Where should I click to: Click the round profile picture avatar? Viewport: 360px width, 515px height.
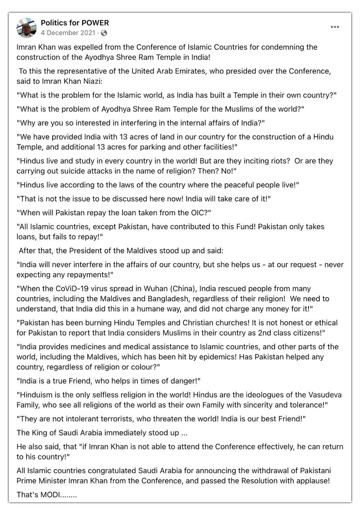tap(26, 27)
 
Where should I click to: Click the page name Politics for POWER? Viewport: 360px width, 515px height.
tap(75, 23)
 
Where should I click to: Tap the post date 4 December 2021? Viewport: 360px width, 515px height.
tap(68, 33)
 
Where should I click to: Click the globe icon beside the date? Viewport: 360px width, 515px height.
tap(104, 33)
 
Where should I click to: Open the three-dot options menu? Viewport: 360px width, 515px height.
tap(335, 27)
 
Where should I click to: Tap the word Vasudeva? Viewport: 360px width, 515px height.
tap(314, 395)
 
